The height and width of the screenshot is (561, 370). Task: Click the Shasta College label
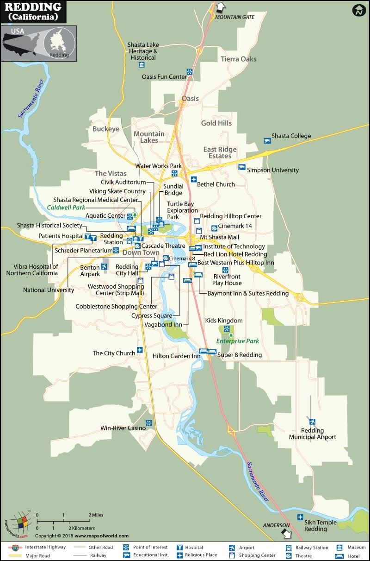(291, 136)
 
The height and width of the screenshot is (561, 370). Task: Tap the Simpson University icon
(241, 167)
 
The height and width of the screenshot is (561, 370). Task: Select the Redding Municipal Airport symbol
(313, 422)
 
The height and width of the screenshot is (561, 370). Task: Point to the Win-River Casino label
(123, 428)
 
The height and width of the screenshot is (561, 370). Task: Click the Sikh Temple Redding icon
(300, 517)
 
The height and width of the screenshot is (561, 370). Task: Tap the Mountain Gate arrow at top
(221, 7)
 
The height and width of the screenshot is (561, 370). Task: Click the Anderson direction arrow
(287, 534)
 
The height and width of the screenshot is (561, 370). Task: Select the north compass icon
(358, 10)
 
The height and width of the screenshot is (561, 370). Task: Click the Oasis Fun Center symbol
(190, 72)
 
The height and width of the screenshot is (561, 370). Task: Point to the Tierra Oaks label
(238, 59)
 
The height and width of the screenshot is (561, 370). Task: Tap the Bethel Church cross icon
(194, 180)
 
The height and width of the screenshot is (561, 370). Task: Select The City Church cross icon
(140, 349)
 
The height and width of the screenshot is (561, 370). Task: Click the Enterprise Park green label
(237, 341)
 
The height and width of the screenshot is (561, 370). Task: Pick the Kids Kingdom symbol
(226, 328)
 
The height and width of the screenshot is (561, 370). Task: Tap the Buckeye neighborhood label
(105, 129)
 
